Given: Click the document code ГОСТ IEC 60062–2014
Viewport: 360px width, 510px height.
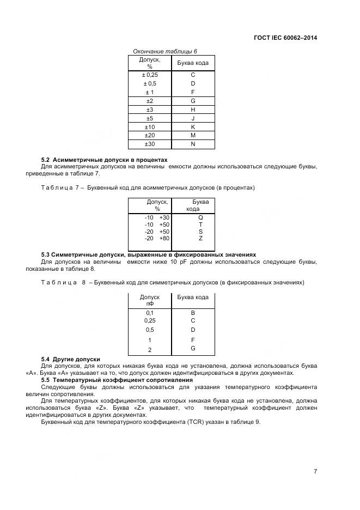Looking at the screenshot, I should [x=285, y=38].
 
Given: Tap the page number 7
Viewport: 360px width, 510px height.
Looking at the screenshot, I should [x=315, y=471].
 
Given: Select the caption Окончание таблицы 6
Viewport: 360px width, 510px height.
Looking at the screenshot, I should [x=165, y=51].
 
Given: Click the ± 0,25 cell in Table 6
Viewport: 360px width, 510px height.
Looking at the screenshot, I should [x=149, y=75].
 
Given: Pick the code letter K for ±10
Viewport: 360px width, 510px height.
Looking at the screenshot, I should [x=193, y=127].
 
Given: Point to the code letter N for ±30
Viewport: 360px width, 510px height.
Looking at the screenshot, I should [x=193, y=144].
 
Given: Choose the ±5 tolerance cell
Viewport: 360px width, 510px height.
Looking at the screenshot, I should [x=149, y=118].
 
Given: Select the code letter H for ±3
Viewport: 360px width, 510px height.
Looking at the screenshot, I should [x=193, y=110].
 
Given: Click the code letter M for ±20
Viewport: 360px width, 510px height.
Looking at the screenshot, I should [x=193, y=136].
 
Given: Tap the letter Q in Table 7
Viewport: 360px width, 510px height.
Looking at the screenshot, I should [x=200, y=217].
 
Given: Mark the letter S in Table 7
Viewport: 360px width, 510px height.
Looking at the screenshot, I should [x=200, y=232].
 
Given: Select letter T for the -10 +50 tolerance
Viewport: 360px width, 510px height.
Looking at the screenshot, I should [x=200, y=224].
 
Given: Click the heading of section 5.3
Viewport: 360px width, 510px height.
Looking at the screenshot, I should [x=149, y=255].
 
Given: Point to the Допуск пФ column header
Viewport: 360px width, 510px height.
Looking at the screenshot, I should [x=149, y=300].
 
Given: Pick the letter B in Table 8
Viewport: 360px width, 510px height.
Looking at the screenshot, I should [x=193, y=313].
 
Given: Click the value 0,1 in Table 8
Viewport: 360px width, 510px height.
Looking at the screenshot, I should [x=150, y=313].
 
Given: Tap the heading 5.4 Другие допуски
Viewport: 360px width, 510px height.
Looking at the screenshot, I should [x=71, y=359].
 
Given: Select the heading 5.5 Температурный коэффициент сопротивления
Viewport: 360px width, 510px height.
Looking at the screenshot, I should [x=117, y=380].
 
